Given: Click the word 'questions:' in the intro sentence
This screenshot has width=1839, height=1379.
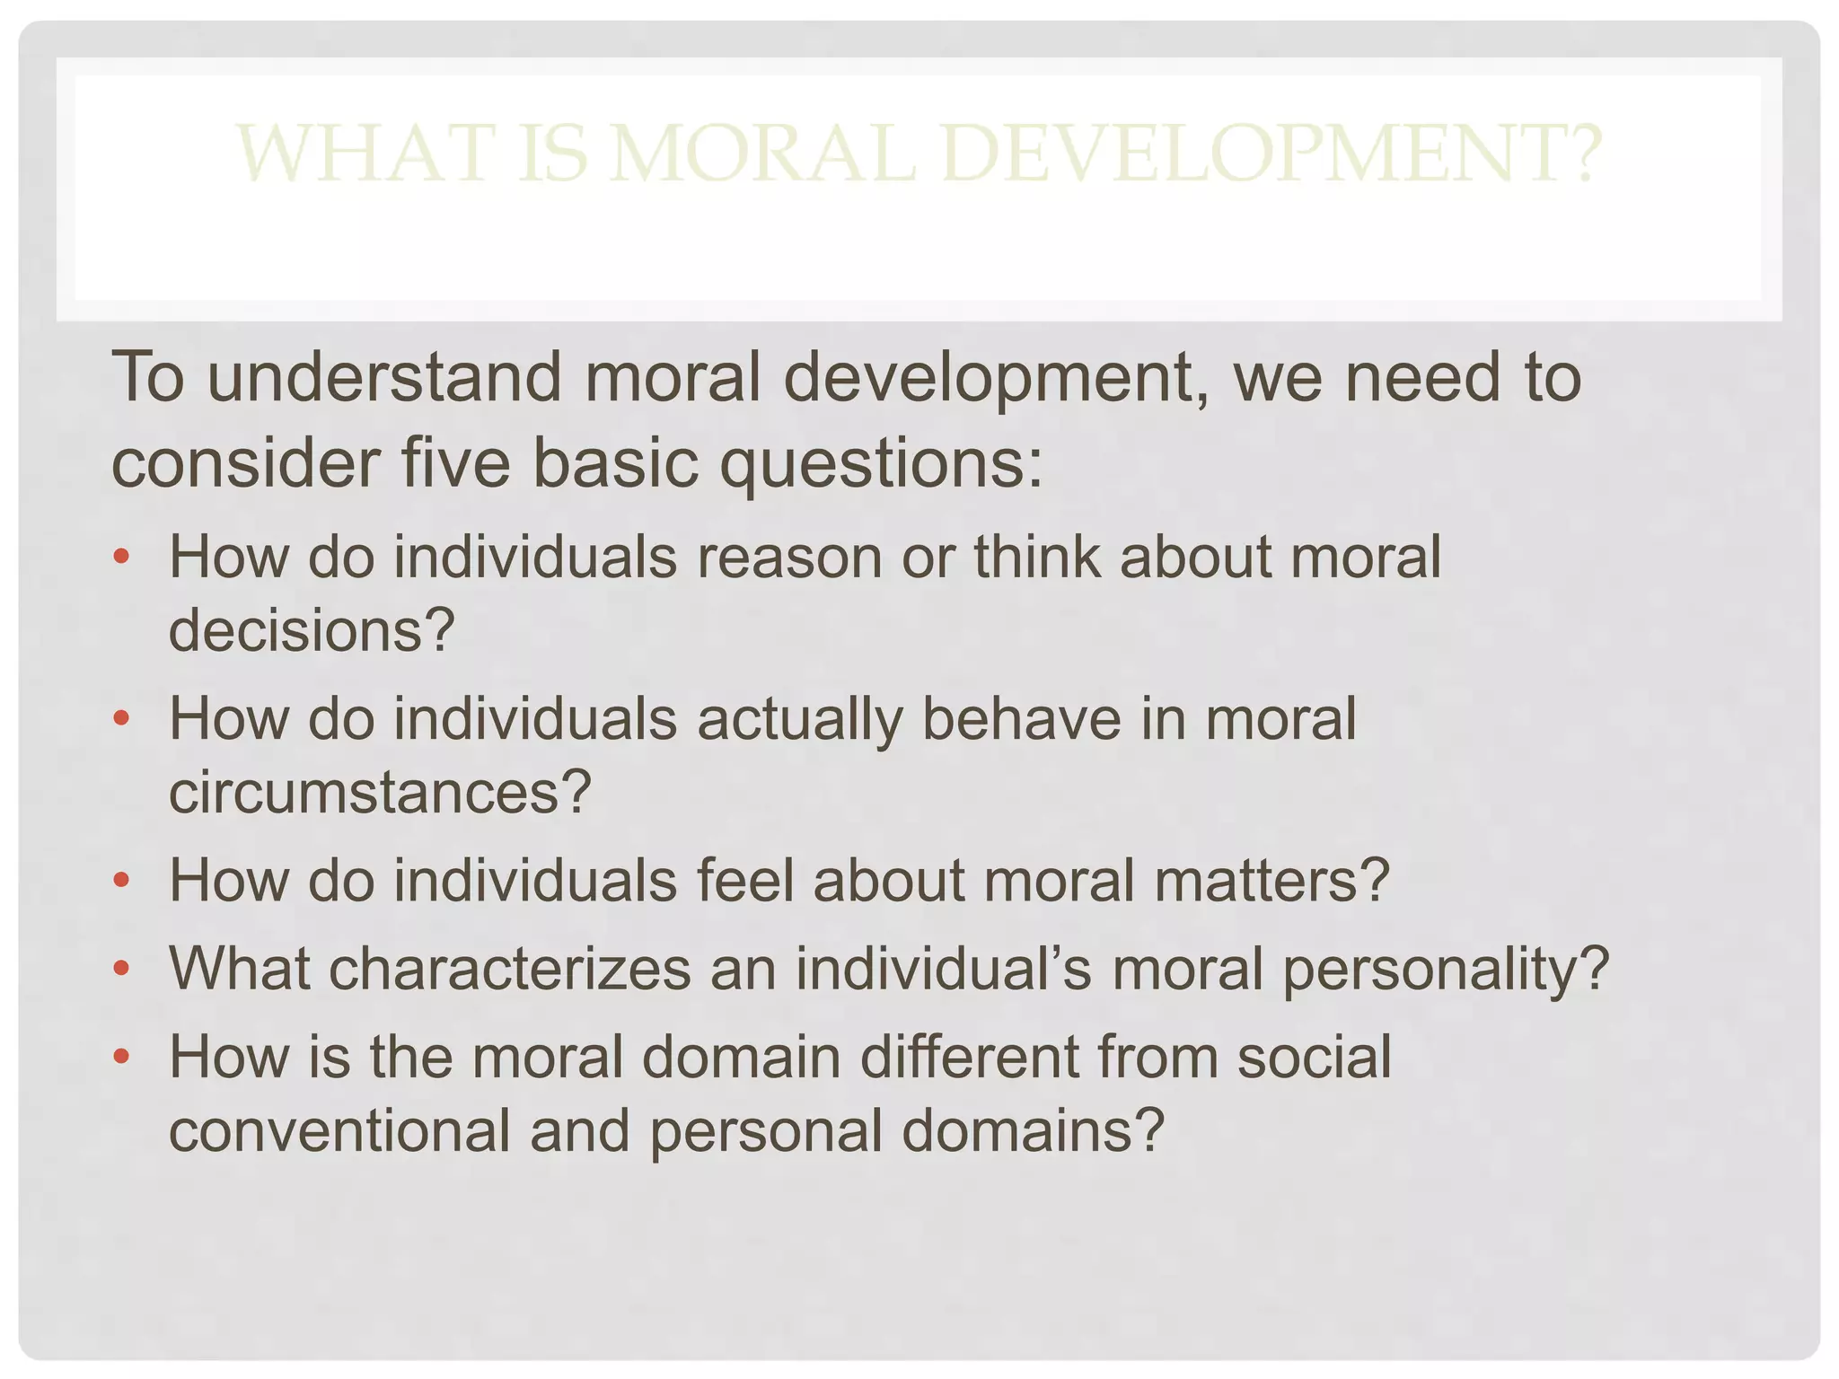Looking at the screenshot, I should click(883, 465).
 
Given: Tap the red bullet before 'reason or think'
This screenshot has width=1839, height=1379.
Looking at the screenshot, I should click(122, 557).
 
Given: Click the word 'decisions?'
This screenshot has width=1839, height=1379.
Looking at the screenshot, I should click(312, 630).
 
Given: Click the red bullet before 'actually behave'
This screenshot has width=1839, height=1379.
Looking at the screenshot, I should click(122, 718).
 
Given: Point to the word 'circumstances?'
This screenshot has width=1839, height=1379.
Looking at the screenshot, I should click(380, 793).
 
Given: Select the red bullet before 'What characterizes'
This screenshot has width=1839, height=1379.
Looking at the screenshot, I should click(122, 968).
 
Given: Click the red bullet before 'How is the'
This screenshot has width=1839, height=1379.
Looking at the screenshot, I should click(122, 1056).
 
